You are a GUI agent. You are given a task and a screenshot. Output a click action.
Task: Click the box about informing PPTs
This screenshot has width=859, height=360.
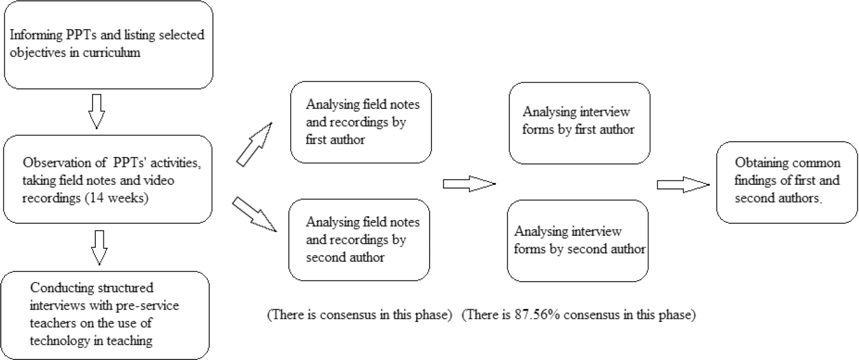point(108,44)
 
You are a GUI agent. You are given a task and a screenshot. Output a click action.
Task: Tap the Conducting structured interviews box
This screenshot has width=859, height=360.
point(106,315)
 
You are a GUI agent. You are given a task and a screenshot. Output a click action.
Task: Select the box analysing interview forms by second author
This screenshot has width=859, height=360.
point(578,240)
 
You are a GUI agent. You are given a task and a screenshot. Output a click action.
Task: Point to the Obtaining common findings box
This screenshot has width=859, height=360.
point(787,183)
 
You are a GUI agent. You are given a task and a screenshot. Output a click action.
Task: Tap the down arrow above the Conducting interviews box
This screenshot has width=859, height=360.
point(101,247)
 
